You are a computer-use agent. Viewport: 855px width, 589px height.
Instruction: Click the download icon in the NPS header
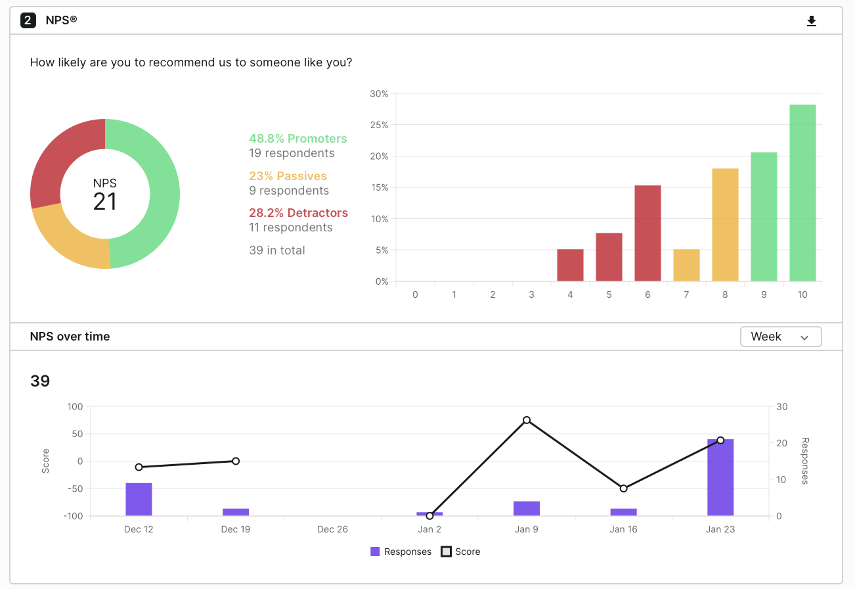[x=812, y=21]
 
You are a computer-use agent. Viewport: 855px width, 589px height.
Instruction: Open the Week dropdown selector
[x=780, y=337]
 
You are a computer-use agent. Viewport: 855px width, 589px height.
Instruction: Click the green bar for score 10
[x=802, y=193]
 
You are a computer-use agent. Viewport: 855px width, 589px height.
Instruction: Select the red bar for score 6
[x=647, y=233]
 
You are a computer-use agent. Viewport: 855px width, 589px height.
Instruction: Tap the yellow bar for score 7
[x=686, y=266]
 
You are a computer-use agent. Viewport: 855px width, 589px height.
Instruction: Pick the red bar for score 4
[x=570, y=266]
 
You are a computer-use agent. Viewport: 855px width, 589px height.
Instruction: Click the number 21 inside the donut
[x=105, y=201]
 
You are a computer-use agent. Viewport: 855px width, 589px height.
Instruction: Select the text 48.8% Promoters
[x=297, y=139]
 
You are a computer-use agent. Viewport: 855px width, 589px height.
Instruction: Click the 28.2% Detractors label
[x=298, y=213]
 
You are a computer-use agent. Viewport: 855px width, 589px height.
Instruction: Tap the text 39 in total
[x=277, y=250]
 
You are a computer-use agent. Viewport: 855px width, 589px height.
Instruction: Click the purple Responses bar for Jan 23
[x=720, y=477]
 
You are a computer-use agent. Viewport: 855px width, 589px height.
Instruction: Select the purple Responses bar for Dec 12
[x=139, y=500]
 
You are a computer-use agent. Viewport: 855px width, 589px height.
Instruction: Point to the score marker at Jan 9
[x=527, y=420]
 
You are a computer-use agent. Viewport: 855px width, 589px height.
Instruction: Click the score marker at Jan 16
[x=624, y=488]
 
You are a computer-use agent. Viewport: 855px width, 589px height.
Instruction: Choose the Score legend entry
[x=460, y=552]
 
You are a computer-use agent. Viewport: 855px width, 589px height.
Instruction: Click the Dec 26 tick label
[x=332, y=529]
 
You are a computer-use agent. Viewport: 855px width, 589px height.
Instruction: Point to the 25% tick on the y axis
[x=379, y=125]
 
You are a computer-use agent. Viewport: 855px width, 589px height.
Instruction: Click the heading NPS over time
[x=70, y=337]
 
